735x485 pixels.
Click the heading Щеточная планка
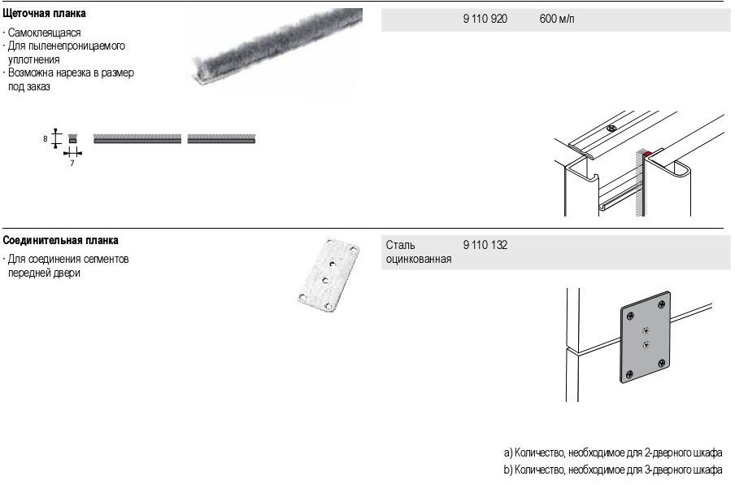[x=44, y=14]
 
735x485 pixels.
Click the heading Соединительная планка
[x=60, y=241]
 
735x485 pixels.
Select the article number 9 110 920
[x=485, y=19]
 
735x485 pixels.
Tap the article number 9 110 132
[x=485, y=245]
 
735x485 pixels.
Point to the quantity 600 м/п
[x=557, y=19]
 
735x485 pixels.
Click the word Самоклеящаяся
[x=44, y=33]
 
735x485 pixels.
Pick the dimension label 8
[x=45, y=139]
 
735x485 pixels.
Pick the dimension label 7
[x=72, y=164]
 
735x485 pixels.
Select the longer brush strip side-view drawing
[x=137, y=139]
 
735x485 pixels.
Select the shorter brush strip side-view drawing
[x=221, y=139]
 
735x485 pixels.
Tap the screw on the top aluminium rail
[x=611, y=128]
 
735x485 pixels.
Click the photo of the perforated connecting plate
[x=328, y=275]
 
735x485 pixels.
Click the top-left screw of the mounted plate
[x=630, y=315]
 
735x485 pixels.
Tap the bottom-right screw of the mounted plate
[x=661, y=363]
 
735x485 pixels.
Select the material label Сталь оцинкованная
[x=419, y=252]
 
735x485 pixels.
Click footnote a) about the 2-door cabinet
[x=613, y=452]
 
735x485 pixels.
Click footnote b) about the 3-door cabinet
[x=613, y=470]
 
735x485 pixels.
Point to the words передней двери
[x=44, y=273]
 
